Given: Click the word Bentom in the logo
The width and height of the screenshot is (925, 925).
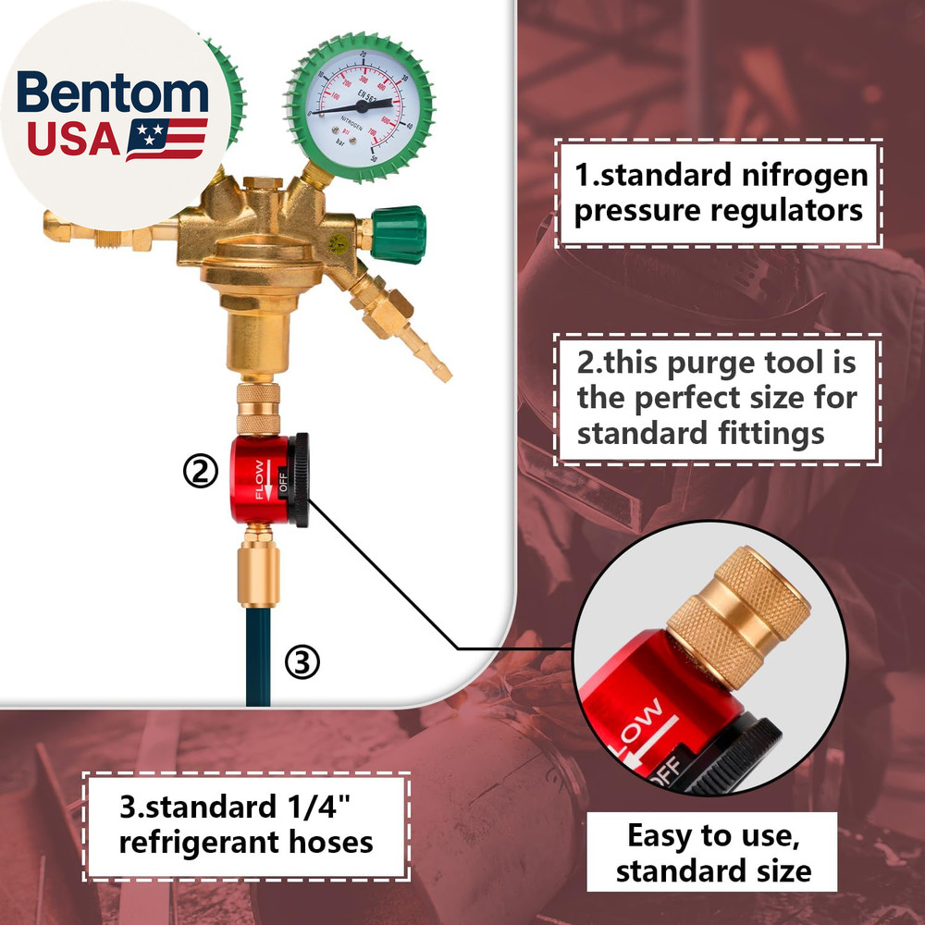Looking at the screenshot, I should tap(113, 94).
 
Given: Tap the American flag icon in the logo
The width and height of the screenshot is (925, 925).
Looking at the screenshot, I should tap(166, 139).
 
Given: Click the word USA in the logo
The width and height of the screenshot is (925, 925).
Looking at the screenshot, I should tap(74, 139).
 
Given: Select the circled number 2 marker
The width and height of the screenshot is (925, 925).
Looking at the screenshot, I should tap(199, 472).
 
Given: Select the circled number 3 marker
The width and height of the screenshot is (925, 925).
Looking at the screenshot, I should tap(302, 662).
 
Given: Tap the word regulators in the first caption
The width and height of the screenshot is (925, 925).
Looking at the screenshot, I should tap(786, 210).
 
